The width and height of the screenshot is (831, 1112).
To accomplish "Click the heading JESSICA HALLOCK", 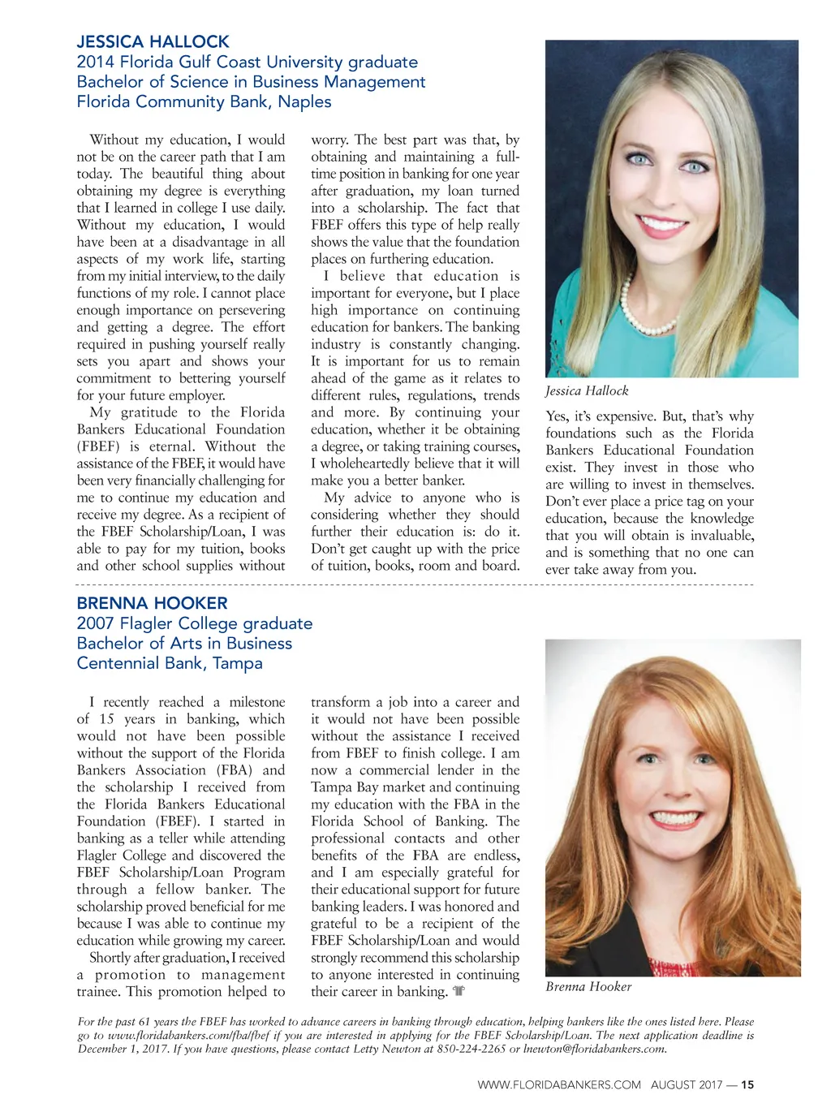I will coord(153,41).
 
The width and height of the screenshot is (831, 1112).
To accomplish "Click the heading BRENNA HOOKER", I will coord(152,603).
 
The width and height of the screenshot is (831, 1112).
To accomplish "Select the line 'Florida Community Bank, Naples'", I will coord(204,101).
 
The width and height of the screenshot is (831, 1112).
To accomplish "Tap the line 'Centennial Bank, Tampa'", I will coord(170,663).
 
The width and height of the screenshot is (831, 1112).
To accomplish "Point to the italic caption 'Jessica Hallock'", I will coord(587,390).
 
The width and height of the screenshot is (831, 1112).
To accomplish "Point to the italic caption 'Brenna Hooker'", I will coord(588,986).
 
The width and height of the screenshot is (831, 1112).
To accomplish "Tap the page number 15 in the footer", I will coord(747,1084).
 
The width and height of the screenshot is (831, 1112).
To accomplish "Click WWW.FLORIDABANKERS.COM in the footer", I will coord(559,1084).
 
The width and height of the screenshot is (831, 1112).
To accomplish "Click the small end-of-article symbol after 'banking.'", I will coord(459,991).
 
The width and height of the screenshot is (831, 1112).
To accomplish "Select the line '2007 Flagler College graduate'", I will coord(194,623).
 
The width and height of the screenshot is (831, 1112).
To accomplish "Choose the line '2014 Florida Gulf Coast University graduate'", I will coord(247,62).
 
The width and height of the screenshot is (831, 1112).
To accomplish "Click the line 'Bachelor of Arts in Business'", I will coord(183,643).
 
